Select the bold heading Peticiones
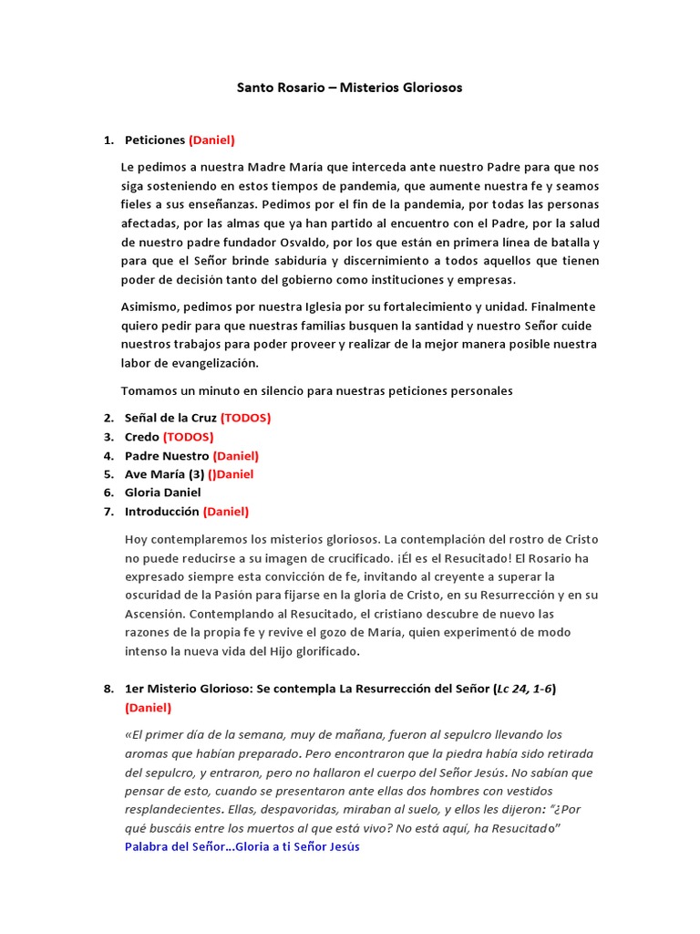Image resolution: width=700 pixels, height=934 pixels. tap(154, 140)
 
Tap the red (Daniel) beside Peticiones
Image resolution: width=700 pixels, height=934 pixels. tap(211, 140)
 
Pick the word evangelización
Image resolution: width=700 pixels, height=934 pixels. tap(217, 362)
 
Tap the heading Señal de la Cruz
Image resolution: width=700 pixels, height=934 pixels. tap(170, 418)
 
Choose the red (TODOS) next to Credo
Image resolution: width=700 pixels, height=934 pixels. tap(188, 437)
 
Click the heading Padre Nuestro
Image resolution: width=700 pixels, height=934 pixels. tap(167, 455)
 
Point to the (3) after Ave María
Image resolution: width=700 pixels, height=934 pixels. tap(196, 474)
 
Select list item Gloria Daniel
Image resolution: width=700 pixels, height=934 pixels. tap(162, 493)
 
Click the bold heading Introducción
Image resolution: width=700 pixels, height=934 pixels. tap(161, 512)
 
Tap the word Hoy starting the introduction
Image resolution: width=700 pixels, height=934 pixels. tap(136, 539)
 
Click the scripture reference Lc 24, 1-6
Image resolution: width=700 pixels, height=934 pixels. tap(523, 689)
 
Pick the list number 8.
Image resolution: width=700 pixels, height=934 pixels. tap(108, 689)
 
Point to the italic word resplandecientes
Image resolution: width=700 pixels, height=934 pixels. tap(171, 808)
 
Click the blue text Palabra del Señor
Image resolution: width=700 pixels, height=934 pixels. tap(174, 846)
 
